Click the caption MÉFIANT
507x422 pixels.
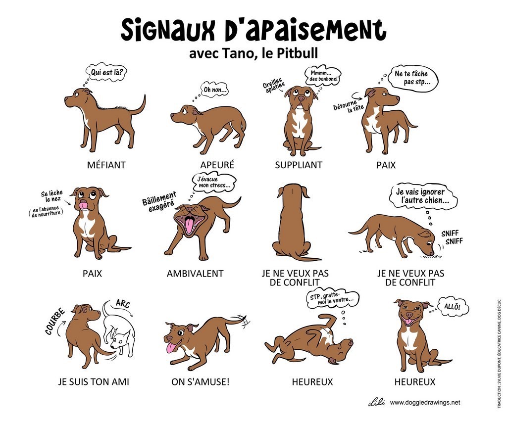pos(106,165)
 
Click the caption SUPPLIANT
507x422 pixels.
pos(299,165)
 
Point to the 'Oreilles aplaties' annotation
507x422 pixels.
pos(274,85)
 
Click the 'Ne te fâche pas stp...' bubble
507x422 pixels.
pos(413,78)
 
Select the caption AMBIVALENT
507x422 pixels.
pos(195,274)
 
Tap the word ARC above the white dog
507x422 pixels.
pos(123,304)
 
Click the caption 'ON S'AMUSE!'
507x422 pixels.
pos(201,382)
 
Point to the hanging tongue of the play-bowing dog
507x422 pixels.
pos(171,348)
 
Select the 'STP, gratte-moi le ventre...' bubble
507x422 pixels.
pos(332,299)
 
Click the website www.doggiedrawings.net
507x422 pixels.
pos(425,403)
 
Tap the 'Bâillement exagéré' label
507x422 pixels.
pos(159,201)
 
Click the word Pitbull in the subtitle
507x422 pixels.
pos(297,53)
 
